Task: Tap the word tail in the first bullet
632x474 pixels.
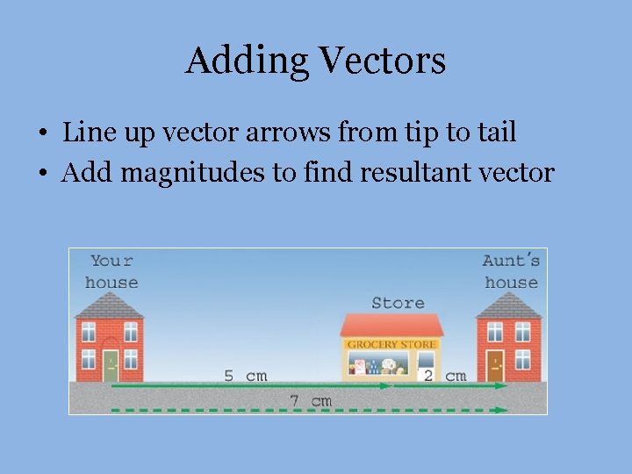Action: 494,133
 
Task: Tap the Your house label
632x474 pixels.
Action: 111,271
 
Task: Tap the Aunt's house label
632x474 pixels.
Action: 511,271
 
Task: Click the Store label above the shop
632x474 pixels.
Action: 398,303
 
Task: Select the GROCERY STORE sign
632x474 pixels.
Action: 391,344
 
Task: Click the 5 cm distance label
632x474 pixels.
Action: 245,376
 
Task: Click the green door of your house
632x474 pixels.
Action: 111,366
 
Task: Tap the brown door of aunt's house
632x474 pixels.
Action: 495,366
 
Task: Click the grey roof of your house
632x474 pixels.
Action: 110,305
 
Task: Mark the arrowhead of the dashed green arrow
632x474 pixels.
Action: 501,409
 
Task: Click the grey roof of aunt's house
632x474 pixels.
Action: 509,305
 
